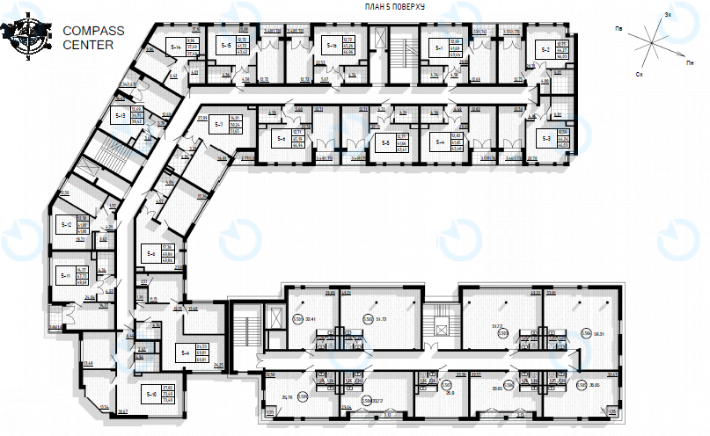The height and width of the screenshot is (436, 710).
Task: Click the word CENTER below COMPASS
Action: pos(87,45)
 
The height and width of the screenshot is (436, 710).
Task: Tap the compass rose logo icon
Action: pos(26,35)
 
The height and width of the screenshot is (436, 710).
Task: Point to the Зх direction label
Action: pos(669,15)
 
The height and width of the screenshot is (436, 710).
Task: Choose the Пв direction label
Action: pos(619,30)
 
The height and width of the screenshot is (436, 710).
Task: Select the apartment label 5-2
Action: pos(545,50)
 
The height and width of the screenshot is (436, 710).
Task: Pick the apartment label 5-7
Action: pos(216,125)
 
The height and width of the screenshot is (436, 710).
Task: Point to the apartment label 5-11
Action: pos(64,275)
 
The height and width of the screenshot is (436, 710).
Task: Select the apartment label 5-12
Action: pos(64,226)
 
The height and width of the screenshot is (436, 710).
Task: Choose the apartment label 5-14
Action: pos(175,49)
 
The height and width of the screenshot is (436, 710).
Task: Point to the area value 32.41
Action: pos(310,318)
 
